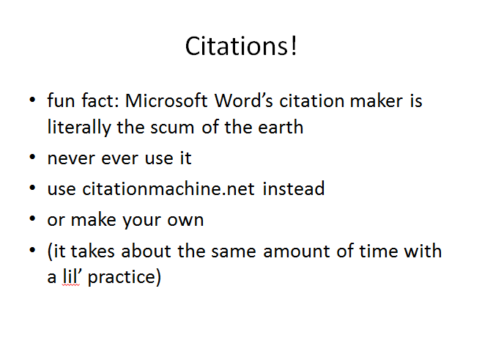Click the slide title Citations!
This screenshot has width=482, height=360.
(241, 46)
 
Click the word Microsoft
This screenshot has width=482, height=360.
(166, 100)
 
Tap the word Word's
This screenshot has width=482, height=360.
(243, 100)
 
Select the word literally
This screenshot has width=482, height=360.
(79, 127)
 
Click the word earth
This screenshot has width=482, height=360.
(281, 127)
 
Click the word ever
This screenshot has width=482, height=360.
(119, 159)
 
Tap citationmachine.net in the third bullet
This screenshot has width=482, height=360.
(168, 188)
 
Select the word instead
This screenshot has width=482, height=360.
(294, 188)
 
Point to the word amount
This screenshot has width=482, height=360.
(297, 251)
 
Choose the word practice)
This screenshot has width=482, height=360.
(125, 277)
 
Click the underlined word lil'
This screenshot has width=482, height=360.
(71, 276)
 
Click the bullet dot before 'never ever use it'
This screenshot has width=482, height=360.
(32, 157)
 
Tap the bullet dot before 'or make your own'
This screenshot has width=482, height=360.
(32, 218)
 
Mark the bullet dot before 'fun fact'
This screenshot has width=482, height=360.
(32, 100)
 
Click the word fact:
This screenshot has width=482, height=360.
(100, 100)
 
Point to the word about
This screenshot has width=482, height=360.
(146, 251)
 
